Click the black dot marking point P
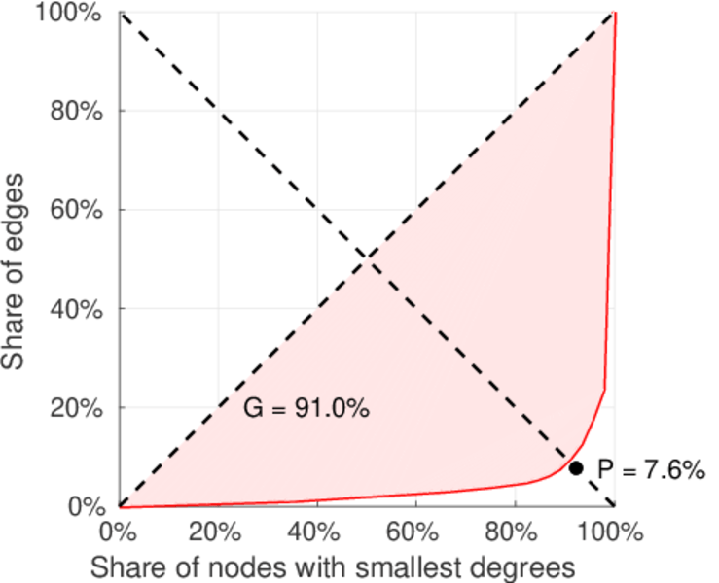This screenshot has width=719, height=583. (576, 468)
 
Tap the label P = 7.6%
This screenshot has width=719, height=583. (649, 470)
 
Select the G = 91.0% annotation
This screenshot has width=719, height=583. (306, 409)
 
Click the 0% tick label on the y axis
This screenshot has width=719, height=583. (88, 506)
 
